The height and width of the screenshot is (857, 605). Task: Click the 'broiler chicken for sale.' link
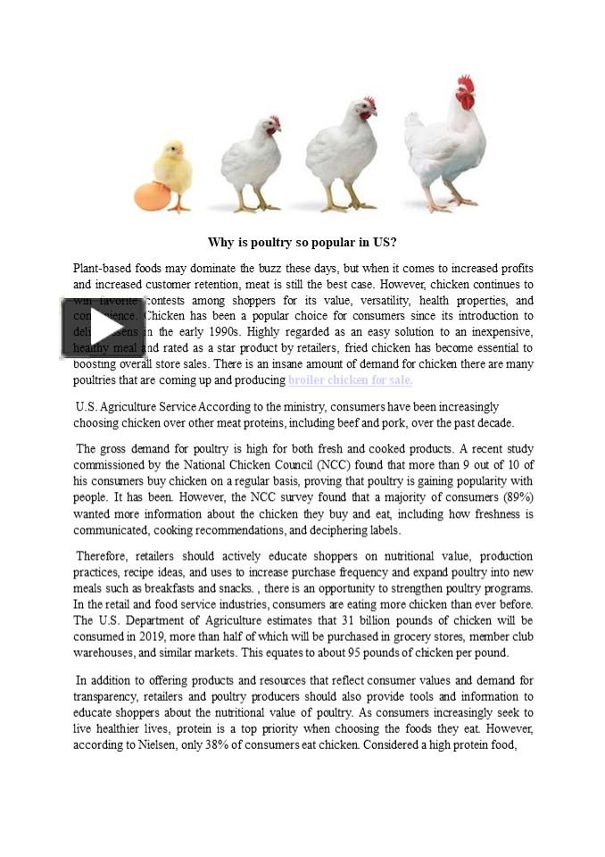[350, 379]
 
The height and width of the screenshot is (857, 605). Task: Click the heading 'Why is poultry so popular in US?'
[302, 242]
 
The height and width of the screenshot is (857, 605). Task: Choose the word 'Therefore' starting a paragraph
[104, 555]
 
